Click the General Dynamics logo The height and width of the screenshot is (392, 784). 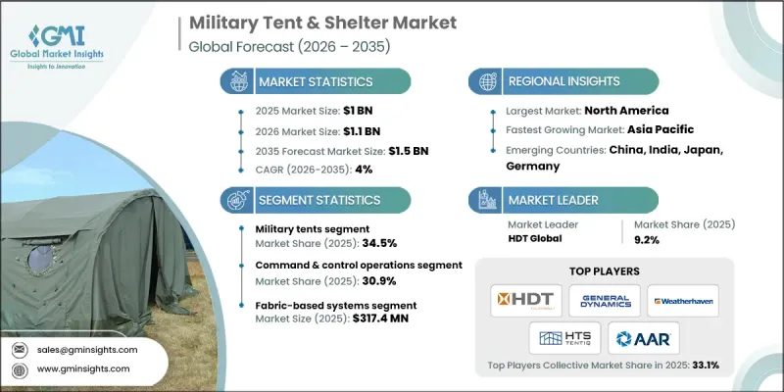604,300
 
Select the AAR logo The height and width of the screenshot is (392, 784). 643,339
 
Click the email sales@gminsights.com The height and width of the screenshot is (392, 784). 89,350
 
